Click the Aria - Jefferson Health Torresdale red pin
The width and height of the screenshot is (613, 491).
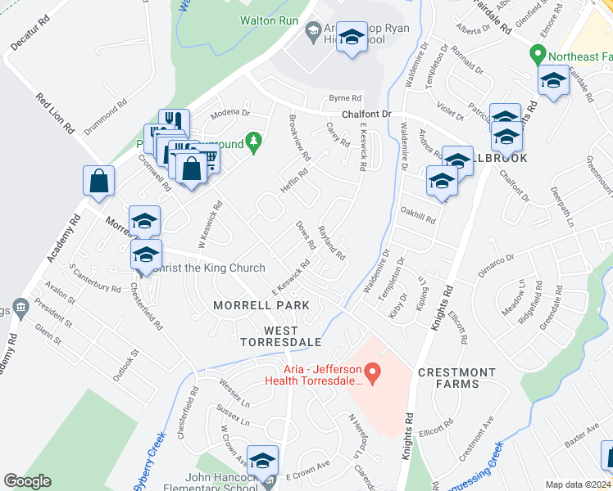coord(373,375)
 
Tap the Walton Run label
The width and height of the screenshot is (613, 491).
coord(268,20)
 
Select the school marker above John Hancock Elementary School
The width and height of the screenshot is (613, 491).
coord(263,460)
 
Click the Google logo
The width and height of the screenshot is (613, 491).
coord(27,481)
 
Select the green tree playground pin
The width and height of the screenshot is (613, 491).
coord(254,142)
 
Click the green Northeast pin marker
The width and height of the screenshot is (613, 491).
coord(538,56)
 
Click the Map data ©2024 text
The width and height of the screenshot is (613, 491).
coord(578,484)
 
